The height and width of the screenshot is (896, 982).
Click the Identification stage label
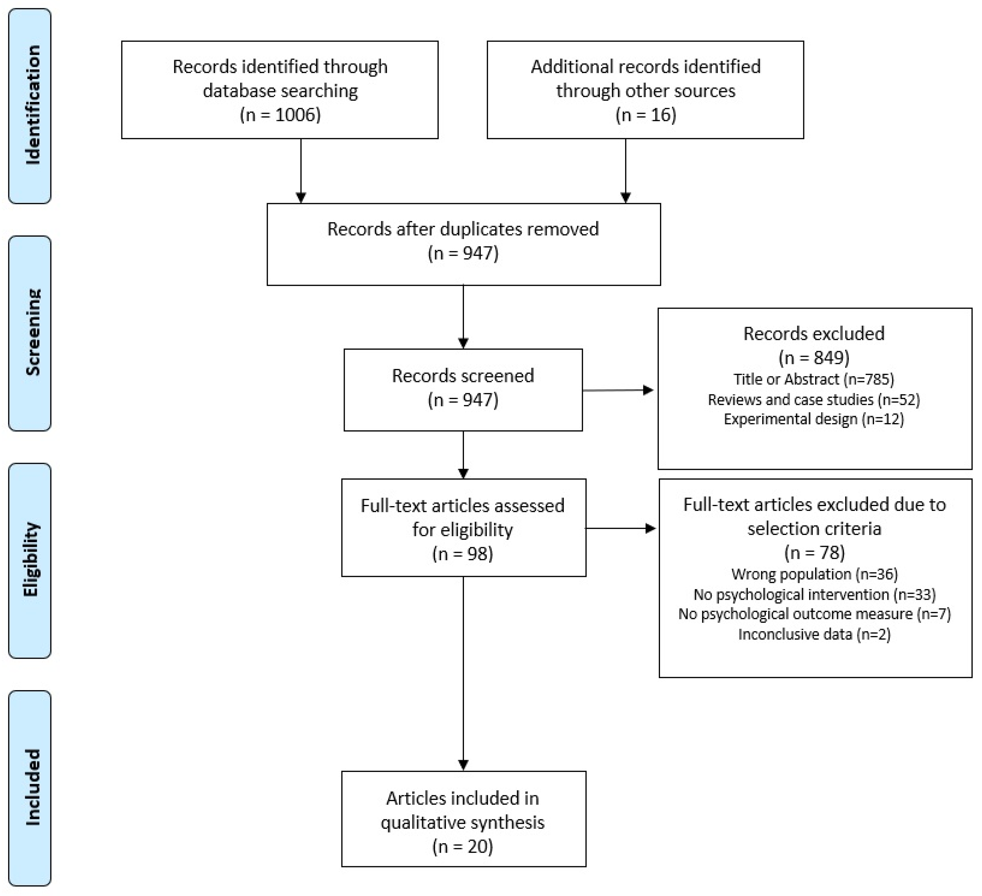[x=32, y=105]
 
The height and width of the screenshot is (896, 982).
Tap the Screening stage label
[x=32, y=332]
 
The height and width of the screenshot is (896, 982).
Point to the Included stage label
[x=32, y=787]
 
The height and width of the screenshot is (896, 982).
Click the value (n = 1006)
[x=280, y=115]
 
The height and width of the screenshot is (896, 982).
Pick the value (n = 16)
[x=645, y=115]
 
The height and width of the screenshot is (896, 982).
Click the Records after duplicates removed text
[x=463, y=229]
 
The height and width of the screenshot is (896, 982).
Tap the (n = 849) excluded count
[x=814, y=358]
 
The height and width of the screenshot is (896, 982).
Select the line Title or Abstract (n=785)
[x=814, y=379]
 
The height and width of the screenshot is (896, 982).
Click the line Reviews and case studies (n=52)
[x=814, y=400]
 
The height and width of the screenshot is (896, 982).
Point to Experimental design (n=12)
[x=814, y=419]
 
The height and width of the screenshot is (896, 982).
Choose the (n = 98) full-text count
[x=463, y=554]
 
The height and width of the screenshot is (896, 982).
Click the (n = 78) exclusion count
[x=814, y=553]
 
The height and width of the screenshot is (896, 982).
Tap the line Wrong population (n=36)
[x=814, y=574]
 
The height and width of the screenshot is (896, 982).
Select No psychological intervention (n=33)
[x=814, y=594]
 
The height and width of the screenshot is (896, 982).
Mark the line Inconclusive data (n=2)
[x=814, y=634]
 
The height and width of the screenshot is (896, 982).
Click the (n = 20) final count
[x=463, y=846]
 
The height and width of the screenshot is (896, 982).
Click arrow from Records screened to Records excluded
[x=618, y=390]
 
